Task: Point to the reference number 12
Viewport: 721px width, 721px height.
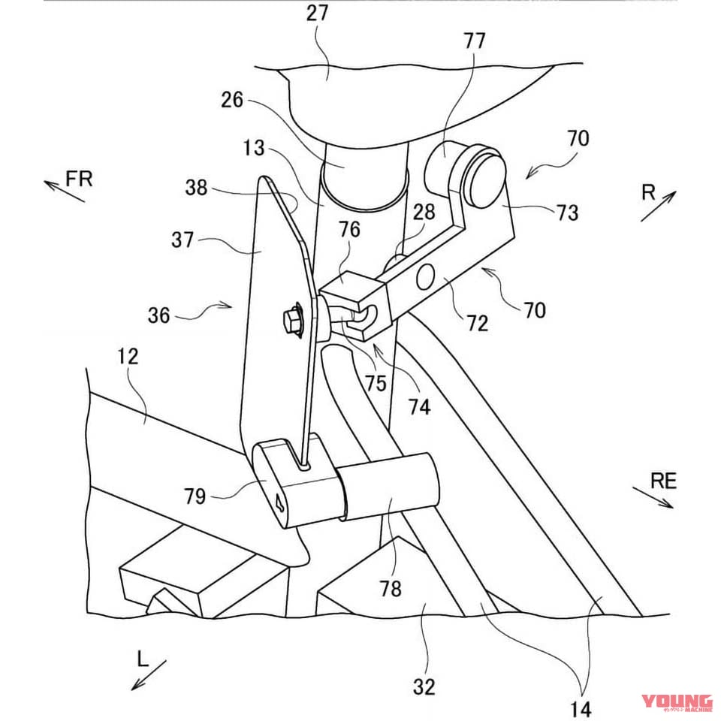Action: point(128,357)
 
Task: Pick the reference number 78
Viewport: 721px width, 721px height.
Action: point(391,589)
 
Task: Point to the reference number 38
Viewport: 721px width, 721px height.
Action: point(196,188)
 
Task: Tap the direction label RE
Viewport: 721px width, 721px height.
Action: point(663,481)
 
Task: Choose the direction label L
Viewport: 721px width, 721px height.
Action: point(143,659)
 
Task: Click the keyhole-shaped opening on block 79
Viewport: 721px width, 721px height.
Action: point(279,502)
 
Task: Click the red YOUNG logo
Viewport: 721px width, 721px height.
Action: point(677,703)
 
